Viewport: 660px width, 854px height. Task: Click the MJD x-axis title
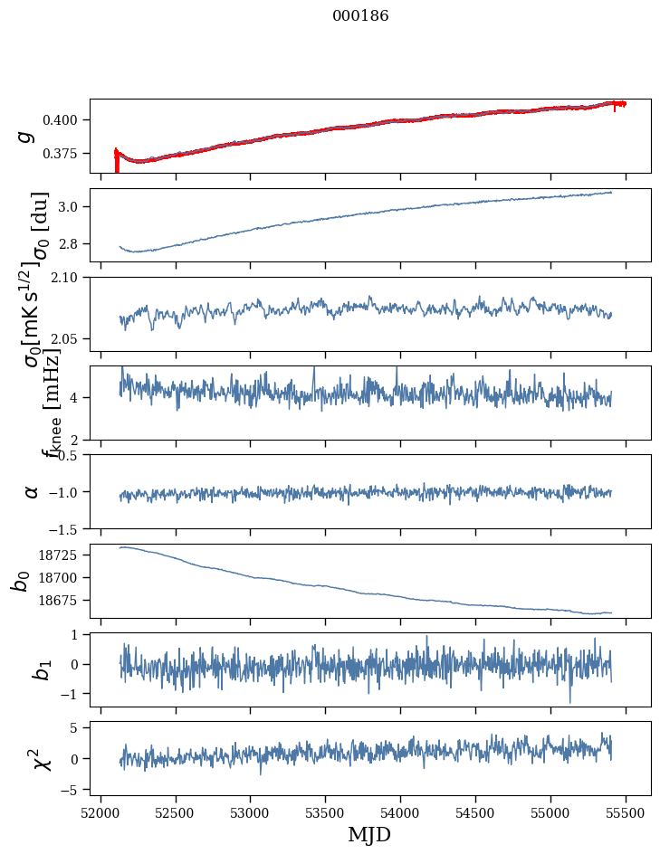click(x=369, y=834)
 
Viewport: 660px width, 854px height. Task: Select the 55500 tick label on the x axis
click(x=627, y=811)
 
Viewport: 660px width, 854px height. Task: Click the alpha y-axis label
click(x=32, y=491)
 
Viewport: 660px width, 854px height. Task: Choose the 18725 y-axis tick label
click(x=63, y=554)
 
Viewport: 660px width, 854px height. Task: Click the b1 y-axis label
click(x=41, y=669)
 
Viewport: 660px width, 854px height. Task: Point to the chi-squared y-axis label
click(x=41, y=758)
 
